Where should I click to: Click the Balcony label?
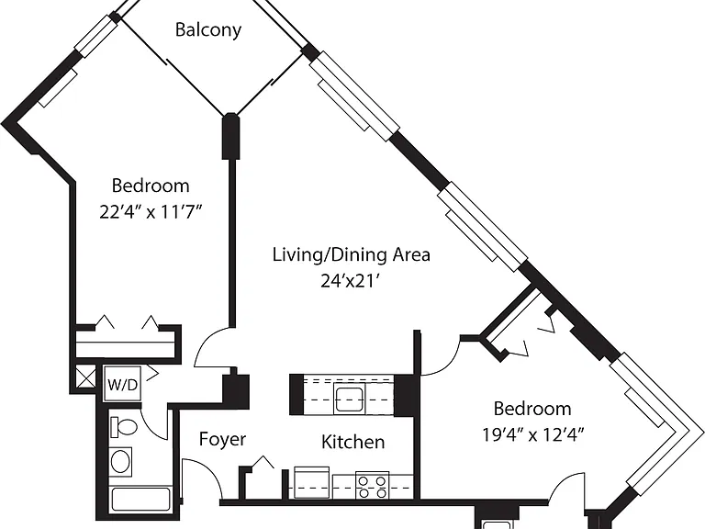click(208, 30)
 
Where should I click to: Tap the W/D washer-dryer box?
click(122, 384)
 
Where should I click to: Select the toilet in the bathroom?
click(124, 427)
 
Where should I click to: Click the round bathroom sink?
click(120, 461)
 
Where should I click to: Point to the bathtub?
click(140, 500)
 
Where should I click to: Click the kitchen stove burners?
click(373, 485)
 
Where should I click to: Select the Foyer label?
click(222, 439)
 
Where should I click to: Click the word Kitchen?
click(352, 442)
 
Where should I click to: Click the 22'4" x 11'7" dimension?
click(151, 211)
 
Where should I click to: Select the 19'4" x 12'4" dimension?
click(532, 434)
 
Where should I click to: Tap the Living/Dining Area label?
click(352, 255)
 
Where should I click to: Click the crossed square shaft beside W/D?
click(85, 377)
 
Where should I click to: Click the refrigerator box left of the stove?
click(311, 483)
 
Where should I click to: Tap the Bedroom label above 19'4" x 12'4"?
click(532, 409)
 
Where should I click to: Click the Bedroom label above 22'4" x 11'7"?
click(151, 186)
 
